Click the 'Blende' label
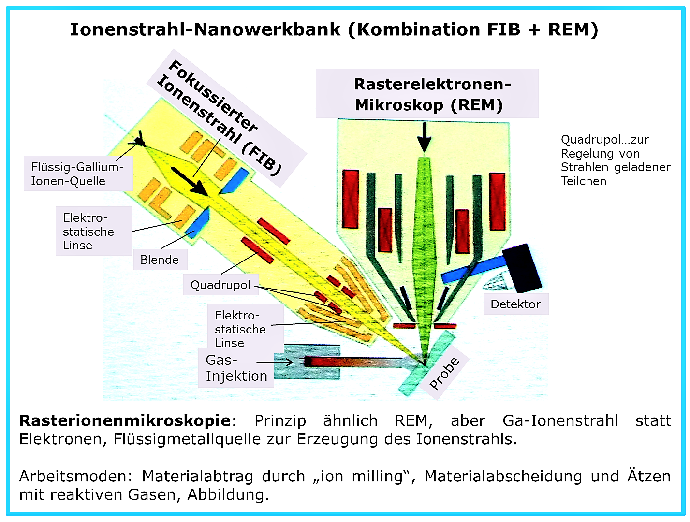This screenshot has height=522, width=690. (x=160, y=260)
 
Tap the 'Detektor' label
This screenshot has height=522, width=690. (x=515, y=304)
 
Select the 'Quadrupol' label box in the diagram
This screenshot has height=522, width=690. (x=220, y=285)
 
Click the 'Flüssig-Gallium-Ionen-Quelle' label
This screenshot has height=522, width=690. (x=77, y=174)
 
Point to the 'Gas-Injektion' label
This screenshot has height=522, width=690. (x=236, y=368)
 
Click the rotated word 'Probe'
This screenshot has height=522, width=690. (x=444, y=373)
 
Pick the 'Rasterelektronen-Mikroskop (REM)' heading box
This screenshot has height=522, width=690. (x=427, y=93)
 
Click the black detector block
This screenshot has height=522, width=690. (x=522, y=268)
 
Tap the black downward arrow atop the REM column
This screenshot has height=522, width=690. (x=424, y=137)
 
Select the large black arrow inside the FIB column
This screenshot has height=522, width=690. (x=189, y=181)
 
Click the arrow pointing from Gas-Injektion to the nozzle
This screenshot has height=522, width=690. (x=275, y=362)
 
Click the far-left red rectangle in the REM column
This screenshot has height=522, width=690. (x=350, y=199)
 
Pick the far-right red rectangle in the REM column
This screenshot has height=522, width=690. (x=497, y=202)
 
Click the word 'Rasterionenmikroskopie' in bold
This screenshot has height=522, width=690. (x=125, y=420)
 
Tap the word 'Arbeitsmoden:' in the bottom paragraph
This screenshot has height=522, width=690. (x=75, y=476)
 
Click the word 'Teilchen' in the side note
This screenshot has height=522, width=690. (x=584, y=181)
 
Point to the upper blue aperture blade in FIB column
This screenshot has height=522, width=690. (x=235, y=181)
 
